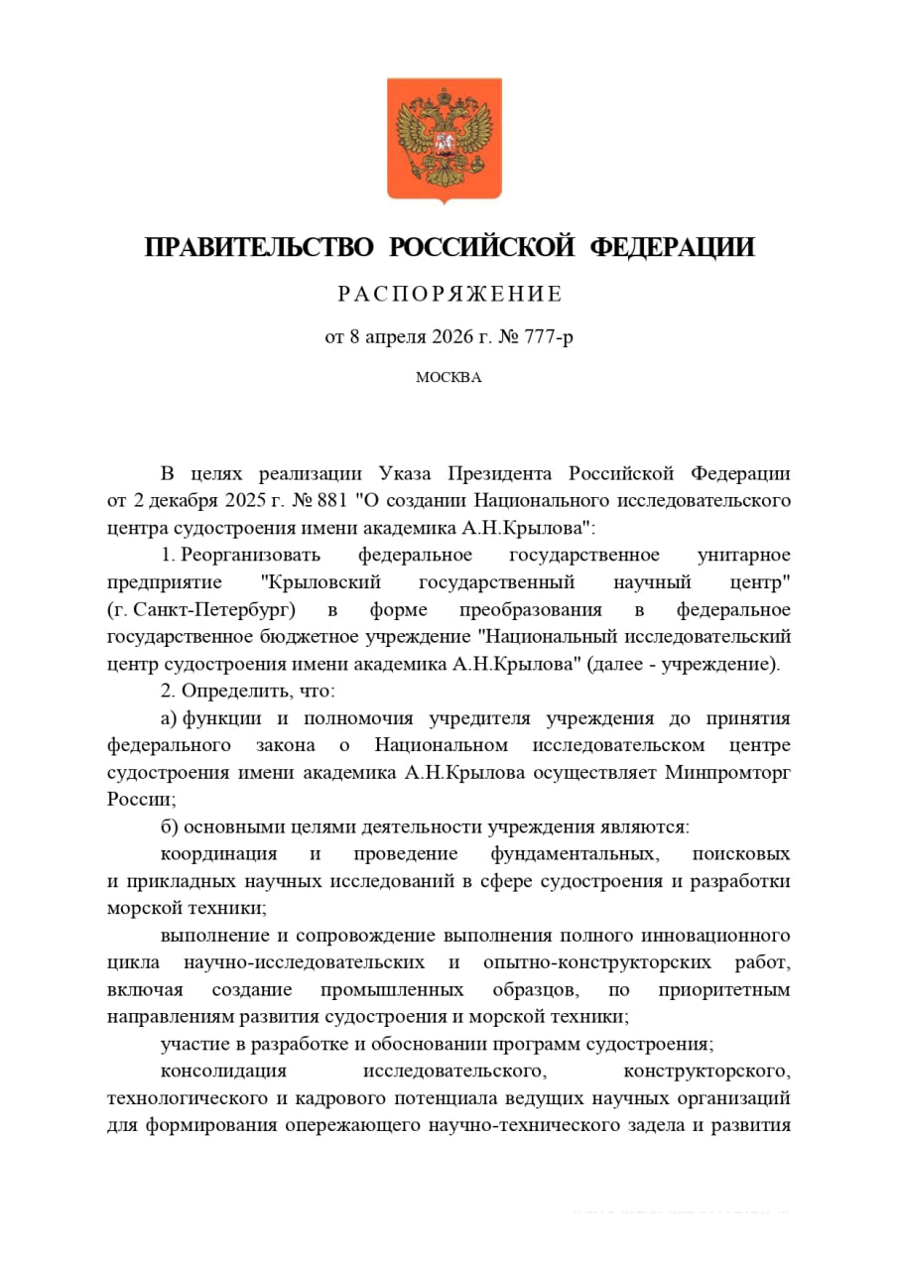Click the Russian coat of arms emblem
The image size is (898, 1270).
[x=444, y=139]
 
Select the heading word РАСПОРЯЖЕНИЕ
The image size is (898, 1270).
[x=449, y=294]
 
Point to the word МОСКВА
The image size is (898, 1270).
[x=449, y=377]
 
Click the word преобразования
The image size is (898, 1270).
[x=539, y=608]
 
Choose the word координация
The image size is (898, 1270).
[x=219, y=853]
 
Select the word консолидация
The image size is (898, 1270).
[x=223, y=1072]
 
